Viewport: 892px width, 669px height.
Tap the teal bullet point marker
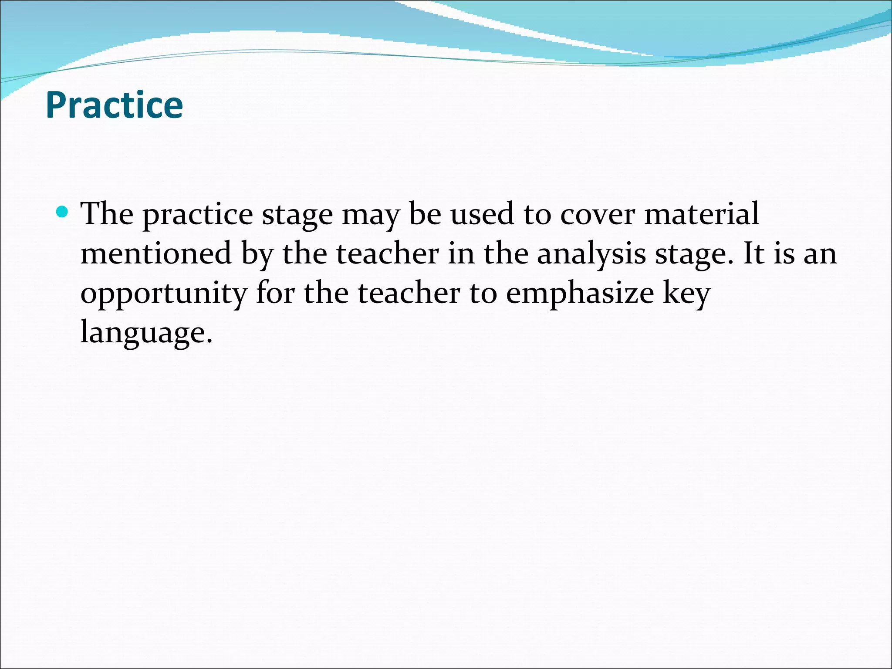coord(63,213)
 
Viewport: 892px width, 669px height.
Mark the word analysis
coord(591,254)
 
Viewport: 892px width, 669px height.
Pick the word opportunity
coord(164,294)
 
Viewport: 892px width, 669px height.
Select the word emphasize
coord(580,293)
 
